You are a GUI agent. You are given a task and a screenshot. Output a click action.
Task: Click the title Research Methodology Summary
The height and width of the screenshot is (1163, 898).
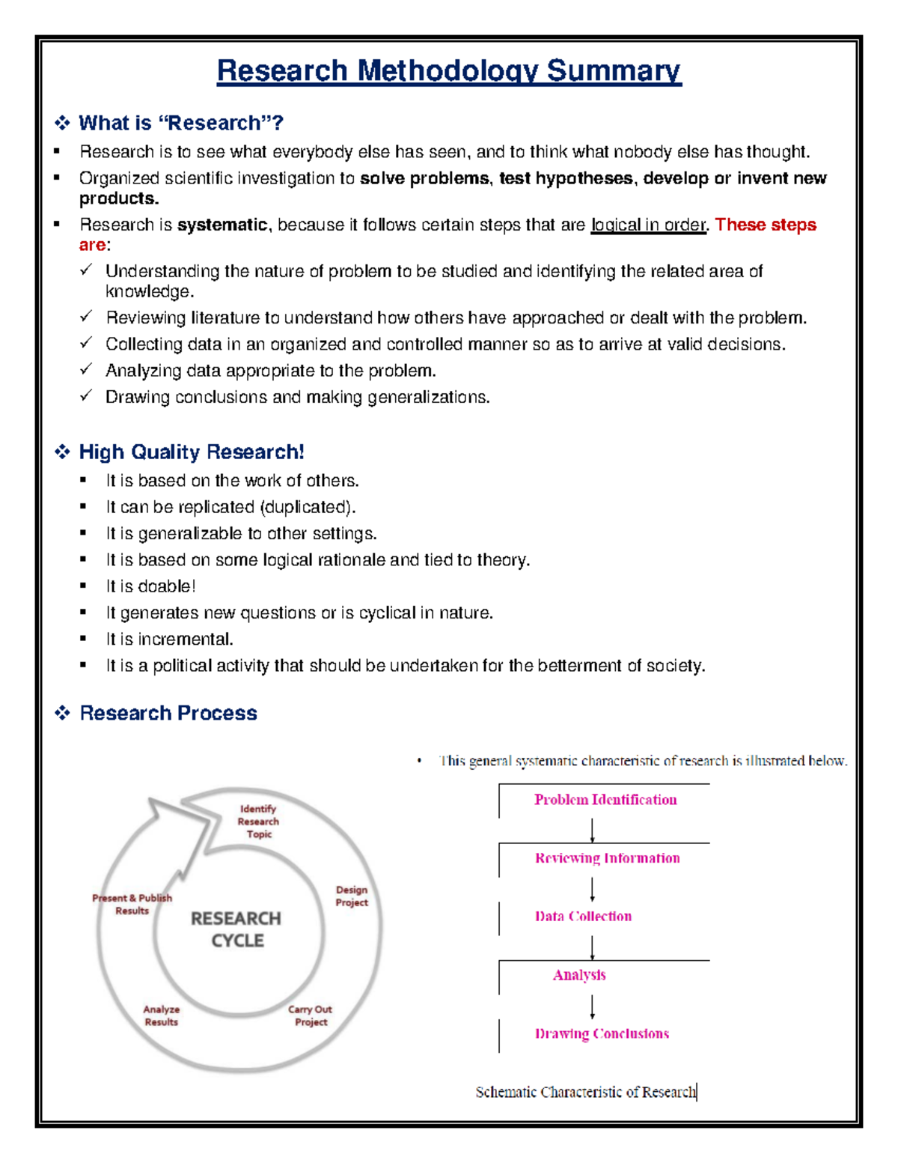448,71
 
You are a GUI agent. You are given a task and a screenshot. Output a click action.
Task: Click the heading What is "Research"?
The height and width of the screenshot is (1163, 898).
180,123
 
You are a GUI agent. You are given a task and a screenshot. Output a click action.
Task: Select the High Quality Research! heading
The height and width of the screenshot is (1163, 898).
191,452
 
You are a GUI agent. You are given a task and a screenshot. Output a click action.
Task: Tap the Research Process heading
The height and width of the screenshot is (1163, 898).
168,713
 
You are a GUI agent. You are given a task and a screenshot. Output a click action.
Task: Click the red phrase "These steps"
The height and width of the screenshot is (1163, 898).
765,225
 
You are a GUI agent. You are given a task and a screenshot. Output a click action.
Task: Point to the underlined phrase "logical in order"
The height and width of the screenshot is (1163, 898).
648,225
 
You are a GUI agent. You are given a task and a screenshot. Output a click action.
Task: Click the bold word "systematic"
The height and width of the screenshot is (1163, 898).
222,225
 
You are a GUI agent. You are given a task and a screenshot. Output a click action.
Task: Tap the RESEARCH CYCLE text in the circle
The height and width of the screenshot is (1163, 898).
236,929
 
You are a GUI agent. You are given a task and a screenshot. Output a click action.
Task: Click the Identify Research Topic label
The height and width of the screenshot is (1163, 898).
258,822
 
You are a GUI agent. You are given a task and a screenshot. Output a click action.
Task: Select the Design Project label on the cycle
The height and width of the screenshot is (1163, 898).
352,896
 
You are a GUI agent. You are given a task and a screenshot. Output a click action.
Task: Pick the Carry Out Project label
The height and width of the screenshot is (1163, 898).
311,1015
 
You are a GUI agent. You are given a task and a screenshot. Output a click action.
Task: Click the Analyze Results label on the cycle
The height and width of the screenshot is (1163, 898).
162,1015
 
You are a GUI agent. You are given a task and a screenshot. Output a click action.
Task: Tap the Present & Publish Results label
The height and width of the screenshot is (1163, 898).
132,904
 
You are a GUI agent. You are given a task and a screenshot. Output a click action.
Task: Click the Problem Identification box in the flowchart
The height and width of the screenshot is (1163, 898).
605,800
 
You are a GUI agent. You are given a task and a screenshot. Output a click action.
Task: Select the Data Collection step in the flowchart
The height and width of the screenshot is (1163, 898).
583,917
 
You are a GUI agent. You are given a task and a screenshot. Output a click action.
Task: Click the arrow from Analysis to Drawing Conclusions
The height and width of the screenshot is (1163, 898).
592,1006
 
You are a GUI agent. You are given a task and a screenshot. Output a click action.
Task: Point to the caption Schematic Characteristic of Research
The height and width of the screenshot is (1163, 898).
585,1093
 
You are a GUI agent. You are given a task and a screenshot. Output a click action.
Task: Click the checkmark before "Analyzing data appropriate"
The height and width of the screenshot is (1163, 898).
86,369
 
